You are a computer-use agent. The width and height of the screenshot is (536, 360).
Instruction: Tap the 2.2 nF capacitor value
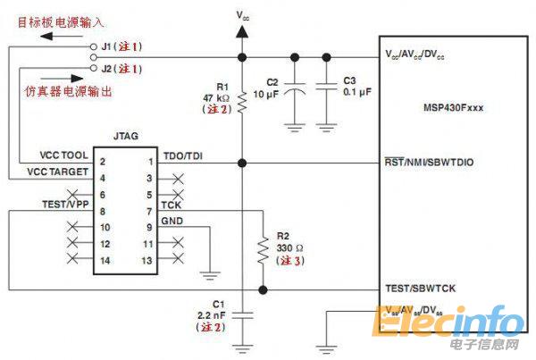coord(213,314)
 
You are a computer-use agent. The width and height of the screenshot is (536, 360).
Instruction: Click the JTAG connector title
coord(126,138)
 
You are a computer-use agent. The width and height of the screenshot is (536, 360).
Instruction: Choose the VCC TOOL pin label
coord(57,155)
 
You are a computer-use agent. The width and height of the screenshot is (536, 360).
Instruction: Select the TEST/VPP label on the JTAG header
coord(67,204)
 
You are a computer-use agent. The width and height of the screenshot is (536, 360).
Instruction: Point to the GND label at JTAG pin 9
coord(171,220)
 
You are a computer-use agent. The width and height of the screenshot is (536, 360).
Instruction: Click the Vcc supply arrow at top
coord(242,30)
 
